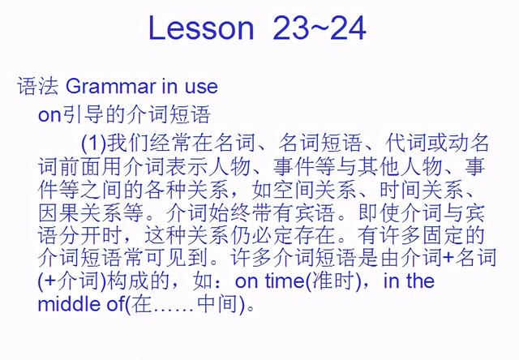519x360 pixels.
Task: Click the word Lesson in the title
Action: (201, 28)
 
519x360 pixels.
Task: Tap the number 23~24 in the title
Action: (320, 28)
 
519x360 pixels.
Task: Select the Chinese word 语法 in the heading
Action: (38, 87)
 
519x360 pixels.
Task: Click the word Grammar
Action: (111, 87)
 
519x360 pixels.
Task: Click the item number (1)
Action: (94, 143)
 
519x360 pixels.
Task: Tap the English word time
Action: (285, 281)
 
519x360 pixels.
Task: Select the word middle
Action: (69, 304)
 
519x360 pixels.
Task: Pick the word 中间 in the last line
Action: (218, 304)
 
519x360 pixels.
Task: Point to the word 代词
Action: (405, 143)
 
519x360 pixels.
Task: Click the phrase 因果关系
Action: (79, 212)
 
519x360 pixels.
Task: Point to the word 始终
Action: (229, 212)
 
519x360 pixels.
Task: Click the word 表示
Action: (187, 166)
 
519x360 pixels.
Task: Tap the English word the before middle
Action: (420, 281)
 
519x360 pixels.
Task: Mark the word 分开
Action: (79, 235)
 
